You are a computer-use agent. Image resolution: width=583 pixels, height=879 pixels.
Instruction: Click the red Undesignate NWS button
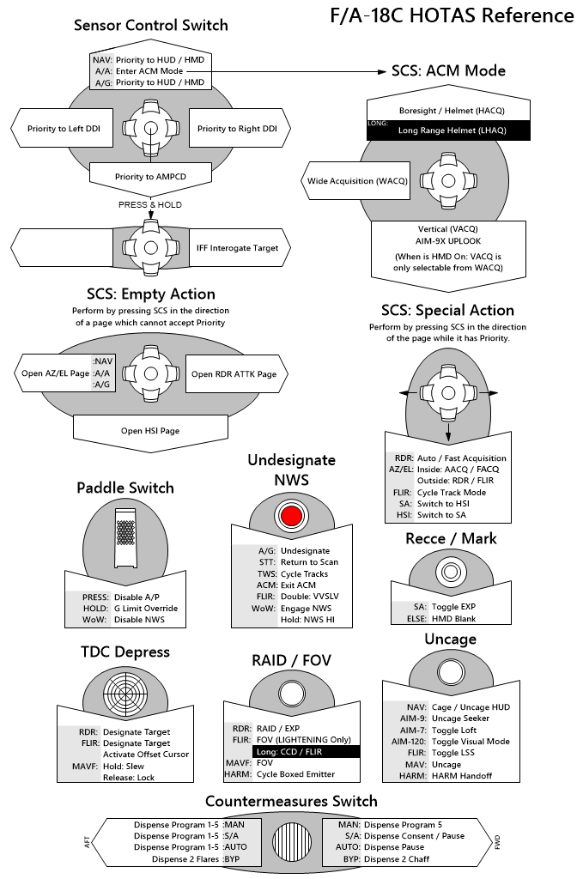292,515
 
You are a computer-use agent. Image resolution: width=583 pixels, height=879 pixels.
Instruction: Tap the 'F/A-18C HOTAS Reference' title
452,15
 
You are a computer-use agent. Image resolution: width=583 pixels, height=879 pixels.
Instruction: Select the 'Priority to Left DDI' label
64,129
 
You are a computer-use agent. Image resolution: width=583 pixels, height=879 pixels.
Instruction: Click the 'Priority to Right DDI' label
237,129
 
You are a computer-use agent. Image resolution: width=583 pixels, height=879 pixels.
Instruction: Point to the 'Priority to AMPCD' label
150,177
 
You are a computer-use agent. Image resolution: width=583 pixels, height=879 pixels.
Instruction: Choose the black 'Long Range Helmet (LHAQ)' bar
448,130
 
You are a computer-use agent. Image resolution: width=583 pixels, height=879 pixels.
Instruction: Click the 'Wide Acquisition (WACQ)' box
357,181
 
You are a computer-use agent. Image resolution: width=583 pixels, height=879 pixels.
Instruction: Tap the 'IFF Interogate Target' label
237,248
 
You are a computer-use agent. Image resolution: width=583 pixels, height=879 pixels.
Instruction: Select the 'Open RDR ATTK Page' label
234,374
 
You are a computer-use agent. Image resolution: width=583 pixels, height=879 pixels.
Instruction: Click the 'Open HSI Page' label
150,431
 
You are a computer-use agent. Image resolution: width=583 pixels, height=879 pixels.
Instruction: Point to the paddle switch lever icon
125,537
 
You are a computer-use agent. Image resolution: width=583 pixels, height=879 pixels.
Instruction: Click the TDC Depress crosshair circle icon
125,693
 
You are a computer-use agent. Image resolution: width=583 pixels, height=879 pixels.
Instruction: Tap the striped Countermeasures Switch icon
292,841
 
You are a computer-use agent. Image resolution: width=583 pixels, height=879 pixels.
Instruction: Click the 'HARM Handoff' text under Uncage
461,776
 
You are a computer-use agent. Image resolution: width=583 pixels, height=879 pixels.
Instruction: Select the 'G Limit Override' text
146,609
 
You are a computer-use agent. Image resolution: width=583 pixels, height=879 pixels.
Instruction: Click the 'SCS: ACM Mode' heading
448,70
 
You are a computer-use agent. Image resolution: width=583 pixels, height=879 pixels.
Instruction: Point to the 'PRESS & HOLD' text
149,204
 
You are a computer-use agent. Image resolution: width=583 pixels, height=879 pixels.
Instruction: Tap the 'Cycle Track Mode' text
452,492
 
